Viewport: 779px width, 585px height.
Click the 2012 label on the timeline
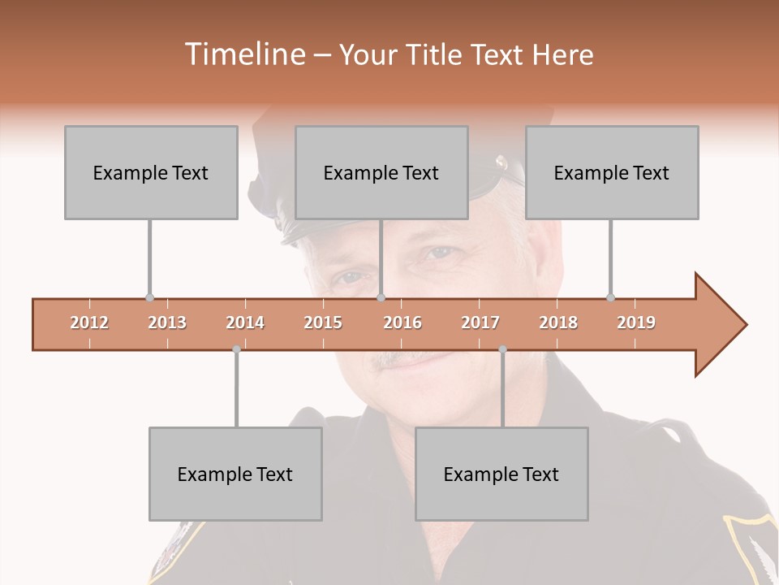tap(89, 323)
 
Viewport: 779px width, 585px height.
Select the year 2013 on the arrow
tap(167, 323)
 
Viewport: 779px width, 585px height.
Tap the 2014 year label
tap(245, 323)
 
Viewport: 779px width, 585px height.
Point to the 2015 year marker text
tap(323, 323)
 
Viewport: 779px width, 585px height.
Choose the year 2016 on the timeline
tap(402, 323)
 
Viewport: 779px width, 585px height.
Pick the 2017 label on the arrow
tap(480, 323)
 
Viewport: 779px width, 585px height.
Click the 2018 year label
tap(558, 323)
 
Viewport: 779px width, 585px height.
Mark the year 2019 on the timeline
tap(636, 323)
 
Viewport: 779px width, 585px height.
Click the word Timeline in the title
tap(243, 54)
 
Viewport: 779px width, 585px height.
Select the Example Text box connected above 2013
tap(151, 172)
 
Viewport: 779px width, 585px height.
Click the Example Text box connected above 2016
tap(381, 172)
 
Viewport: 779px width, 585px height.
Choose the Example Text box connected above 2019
tap(612, 172)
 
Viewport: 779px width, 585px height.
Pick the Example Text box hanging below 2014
tap(235, 474)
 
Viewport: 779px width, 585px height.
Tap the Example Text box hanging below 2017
tap(501, 474)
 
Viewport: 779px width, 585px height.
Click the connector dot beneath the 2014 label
tap(236, 349)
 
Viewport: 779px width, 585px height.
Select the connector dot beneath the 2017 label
tap(502, 349)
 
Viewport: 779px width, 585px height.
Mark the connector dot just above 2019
tap(611, 298)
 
